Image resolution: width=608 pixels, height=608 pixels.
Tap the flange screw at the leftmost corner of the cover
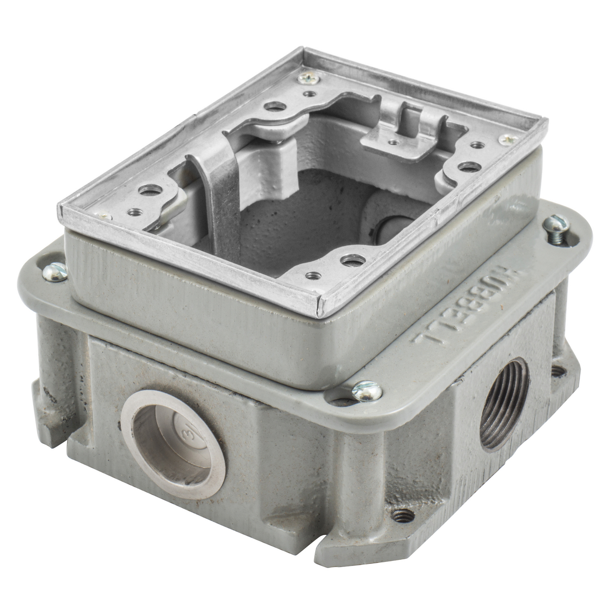coord(56,272)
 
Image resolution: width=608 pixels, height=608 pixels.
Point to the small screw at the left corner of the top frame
coord(102,216)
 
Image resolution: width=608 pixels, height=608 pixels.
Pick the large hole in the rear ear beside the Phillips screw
coord(276,107)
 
